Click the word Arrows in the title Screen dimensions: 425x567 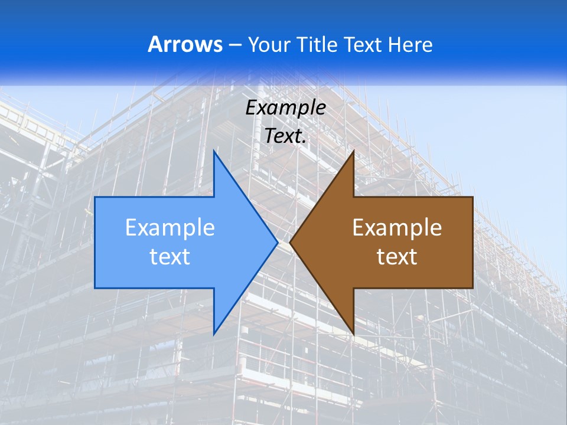[185, 44]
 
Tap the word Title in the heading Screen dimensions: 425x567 [319, 45]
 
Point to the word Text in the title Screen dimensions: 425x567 [363, 45]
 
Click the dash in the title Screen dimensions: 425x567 [234, 45]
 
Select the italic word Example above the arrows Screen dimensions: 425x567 [286, 108]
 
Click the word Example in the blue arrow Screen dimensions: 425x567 [170, 228]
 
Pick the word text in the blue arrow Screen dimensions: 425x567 [170, 257]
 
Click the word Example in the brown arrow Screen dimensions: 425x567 [397, 228]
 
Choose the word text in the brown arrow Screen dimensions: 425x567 [397, 257]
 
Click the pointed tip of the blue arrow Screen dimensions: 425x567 [277, 242]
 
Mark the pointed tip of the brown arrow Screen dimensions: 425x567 [291, 242]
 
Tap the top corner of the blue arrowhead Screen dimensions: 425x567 [214, 151]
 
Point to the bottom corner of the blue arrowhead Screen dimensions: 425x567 [214, 334]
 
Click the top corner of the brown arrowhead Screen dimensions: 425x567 [353, 151]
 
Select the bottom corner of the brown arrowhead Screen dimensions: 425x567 [353, 334]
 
